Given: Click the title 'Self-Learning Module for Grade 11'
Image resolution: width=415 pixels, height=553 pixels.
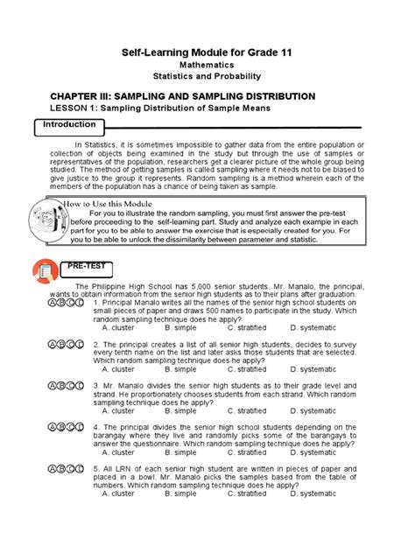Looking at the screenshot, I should tap(207, 53).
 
